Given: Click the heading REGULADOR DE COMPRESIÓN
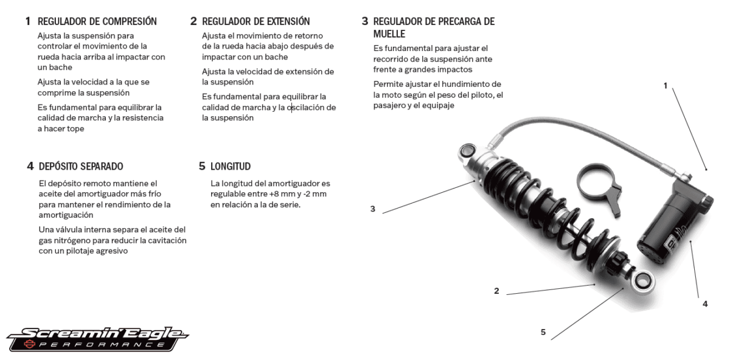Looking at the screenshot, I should [97, 22].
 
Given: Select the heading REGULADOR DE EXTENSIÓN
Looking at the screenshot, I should [255, 22].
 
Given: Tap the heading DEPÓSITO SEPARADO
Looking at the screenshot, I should [81, 166].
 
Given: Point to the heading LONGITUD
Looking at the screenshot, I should [231, 166].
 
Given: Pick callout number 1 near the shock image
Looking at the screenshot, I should [666, 86].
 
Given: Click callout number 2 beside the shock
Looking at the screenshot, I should [496, 291].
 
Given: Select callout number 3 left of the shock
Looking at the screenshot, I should [373, 209].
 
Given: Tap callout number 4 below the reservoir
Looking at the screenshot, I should [705, 303].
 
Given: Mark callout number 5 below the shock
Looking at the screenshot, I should [543, 331].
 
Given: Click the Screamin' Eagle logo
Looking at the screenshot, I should [97, 338].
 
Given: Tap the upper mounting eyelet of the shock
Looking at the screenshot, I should [468, 150].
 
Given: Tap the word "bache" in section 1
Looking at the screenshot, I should [60, 68].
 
